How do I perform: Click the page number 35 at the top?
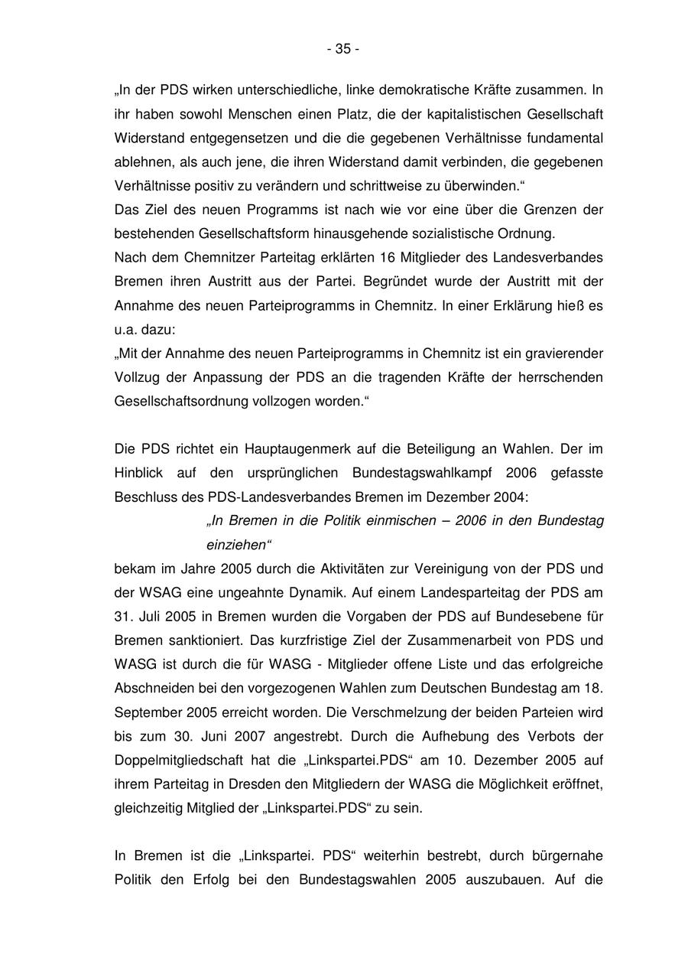(x=343, y=49)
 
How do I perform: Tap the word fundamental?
(x=564, y=138)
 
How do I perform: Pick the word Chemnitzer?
(x=216, y=257)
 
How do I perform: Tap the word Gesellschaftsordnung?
(x=181, y=401)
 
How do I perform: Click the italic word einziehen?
(x=238, y=545)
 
